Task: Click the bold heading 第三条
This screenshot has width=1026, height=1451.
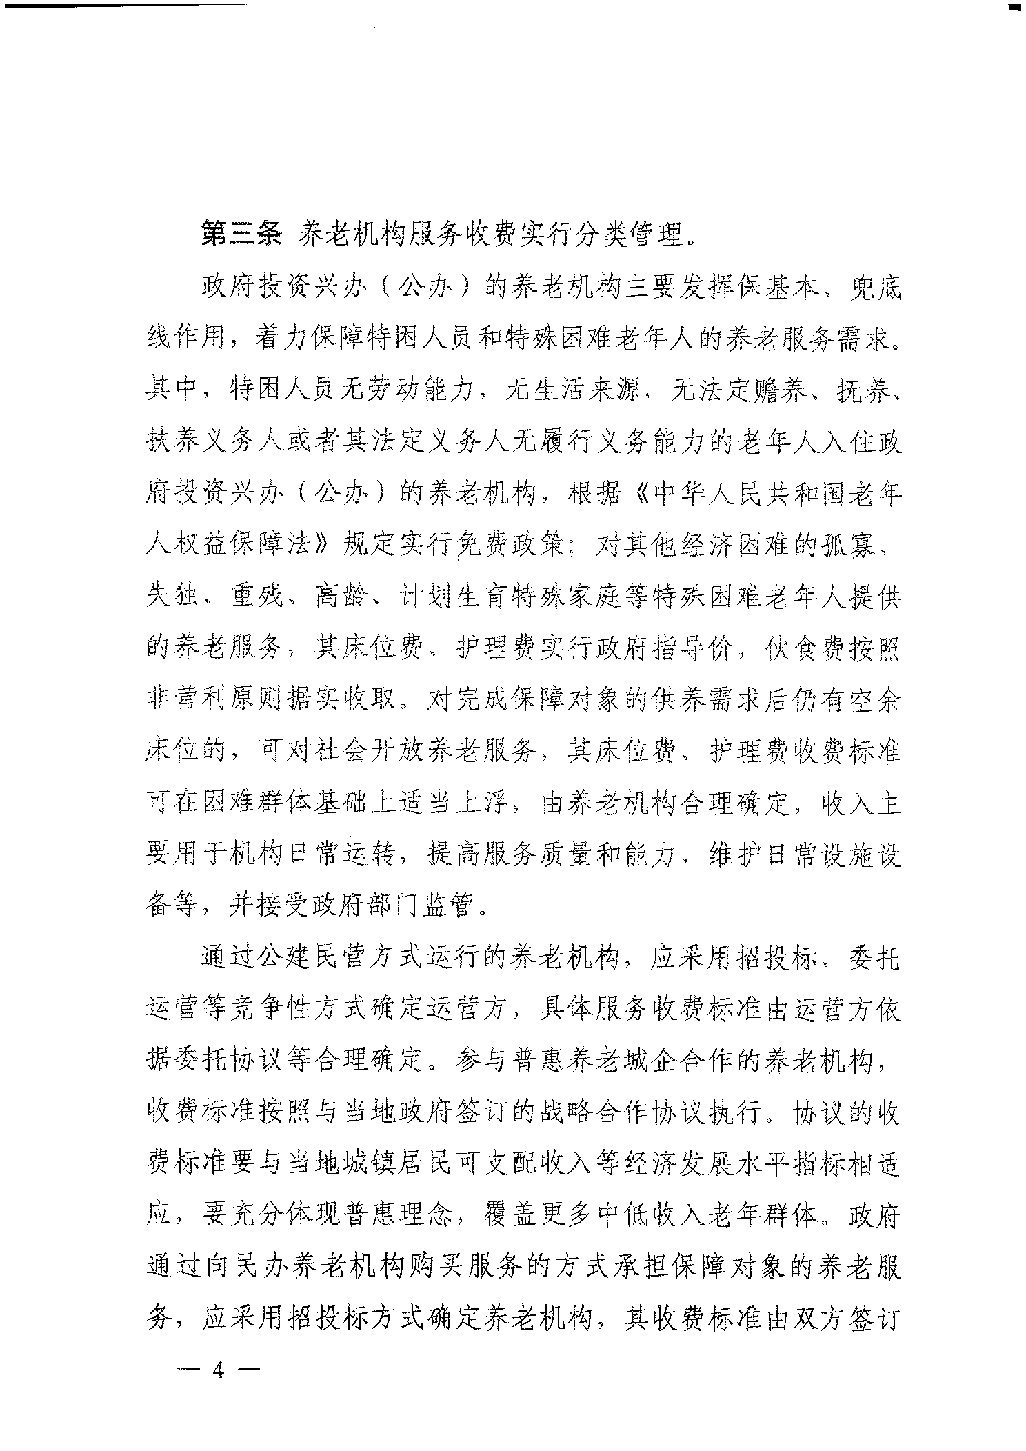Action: pos(241,235)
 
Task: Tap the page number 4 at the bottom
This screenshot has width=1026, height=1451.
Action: pos(219,1370)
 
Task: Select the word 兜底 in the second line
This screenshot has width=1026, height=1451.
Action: pos(871,288)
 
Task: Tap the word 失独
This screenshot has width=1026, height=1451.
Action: pos(175,597)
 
